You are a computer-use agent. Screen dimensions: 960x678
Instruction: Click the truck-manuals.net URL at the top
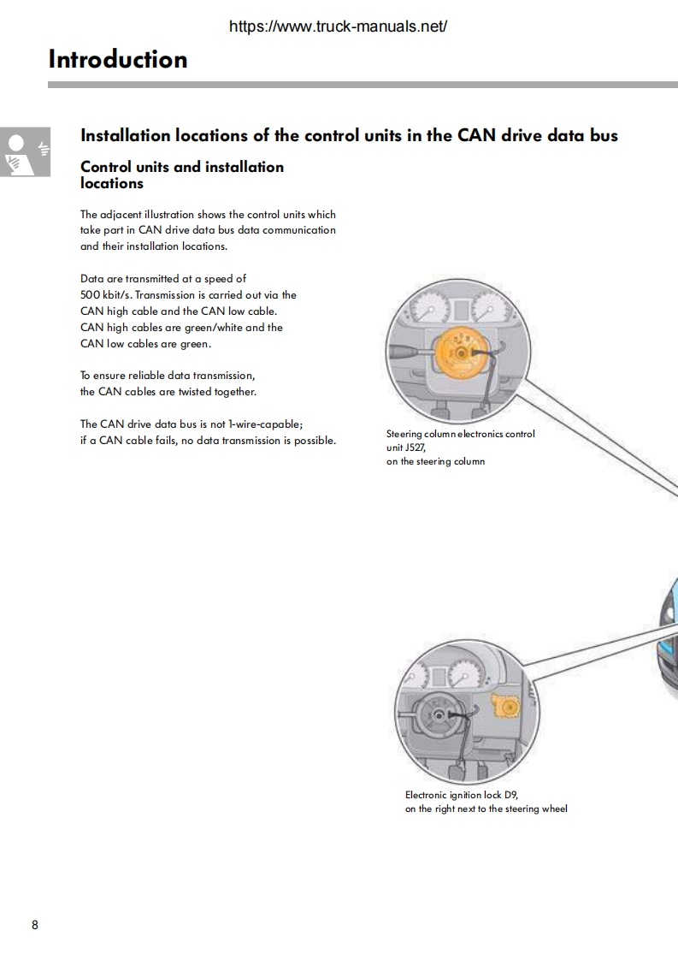[x=339, y=27]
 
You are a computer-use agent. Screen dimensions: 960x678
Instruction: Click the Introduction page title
[x=118, y=59]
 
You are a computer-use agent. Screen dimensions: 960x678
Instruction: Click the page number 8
[x=34, y=925]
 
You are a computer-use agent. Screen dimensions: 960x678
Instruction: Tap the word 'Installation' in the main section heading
[x=123, y=135]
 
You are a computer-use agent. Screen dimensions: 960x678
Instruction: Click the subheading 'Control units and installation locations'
[x=181, y=175]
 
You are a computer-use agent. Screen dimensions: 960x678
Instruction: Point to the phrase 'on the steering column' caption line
[x=435, y=461]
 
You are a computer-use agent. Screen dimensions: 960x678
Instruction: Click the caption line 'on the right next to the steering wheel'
[x=486, y=809]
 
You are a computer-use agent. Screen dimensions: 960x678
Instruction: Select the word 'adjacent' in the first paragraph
[x=123, y=214]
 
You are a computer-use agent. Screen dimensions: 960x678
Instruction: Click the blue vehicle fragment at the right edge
[x=669, y=625]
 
